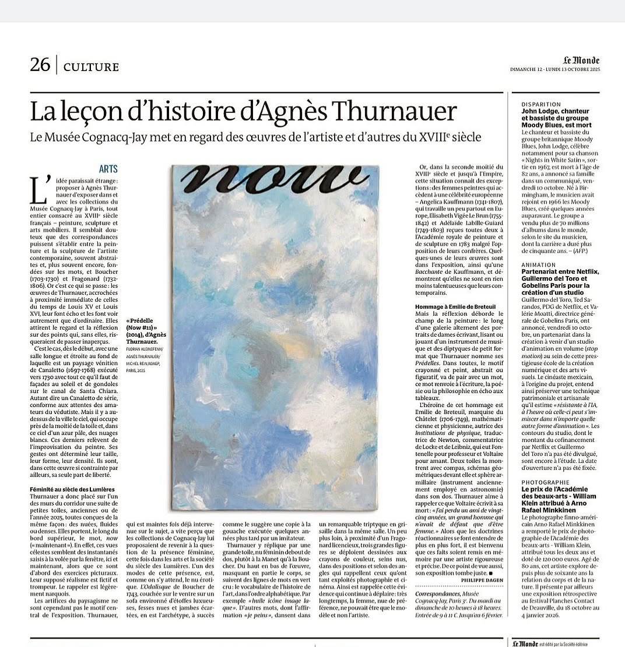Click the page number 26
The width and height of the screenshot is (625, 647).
[40, 65]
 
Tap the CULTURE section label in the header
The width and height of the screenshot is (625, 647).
[90, 66]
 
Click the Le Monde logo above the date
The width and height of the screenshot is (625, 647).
[581, 60]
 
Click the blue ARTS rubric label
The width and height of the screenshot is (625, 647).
[108, 169]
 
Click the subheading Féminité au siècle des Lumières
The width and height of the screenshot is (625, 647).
[72, 489]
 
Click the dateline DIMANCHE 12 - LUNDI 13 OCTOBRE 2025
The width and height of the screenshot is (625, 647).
[554, 70]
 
